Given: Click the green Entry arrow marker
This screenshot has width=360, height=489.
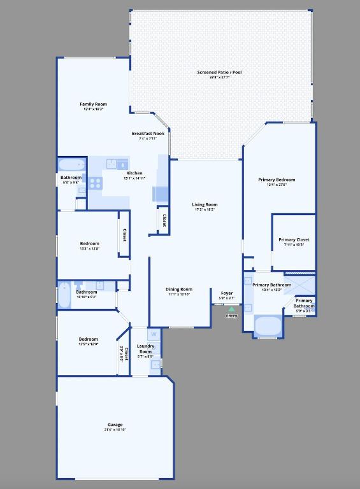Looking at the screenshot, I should (231, 309).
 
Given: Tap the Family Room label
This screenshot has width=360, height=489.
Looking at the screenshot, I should (93, 104).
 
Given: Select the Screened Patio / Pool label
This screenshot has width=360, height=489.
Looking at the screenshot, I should (219, 73).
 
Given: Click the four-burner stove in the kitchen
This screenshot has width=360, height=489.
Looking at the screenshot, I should (95, 183).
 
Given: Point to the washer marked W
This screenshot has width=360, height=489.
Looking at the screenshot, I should (154, 334).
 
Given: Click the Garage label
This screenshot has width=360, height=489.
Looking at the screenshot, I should (115, 425).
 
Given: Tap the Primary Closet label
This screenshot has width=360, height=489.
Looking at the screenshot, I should (294, 239).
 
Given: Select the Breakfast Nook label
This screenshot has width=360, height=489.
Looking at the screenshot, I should (148, 133).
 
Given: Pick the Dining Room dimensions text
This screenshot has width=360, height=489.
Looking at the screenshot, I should (179, 294).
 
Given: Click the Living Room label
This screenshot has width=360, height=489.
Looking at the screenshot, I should (205, 204).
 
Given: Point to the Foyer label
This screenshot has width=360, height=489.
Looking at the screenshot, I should (226, 293).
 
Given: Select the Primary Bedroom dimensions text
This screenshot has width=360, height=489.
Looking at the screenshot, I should (277, 185).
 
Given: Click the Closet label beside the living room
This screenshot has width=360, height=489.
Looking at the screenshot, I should (164, 220).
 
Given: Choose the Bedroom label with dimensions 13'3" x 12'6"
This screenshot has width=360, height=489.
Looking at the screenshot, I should (89, 243).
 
